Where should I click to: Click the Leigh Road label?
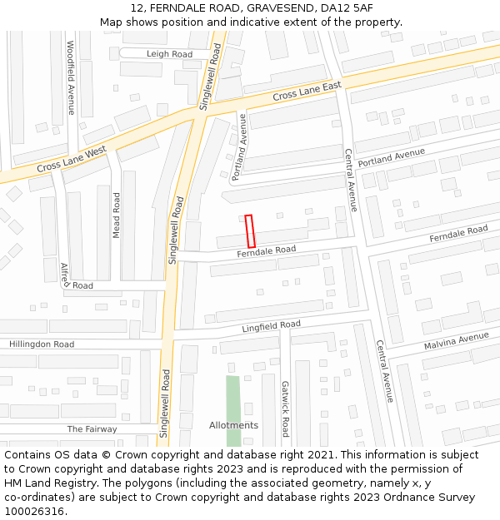(169, 54)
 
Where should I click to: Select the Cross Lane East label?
(307, 92)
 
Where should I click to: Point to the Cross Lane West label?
(72, 161)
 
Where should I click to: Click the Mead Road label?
(117, 215)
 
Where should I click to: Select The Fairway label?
(92, 429)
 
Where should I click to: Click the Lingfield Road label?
(271, 326)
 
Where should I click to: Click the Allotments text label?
(233, 425)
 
